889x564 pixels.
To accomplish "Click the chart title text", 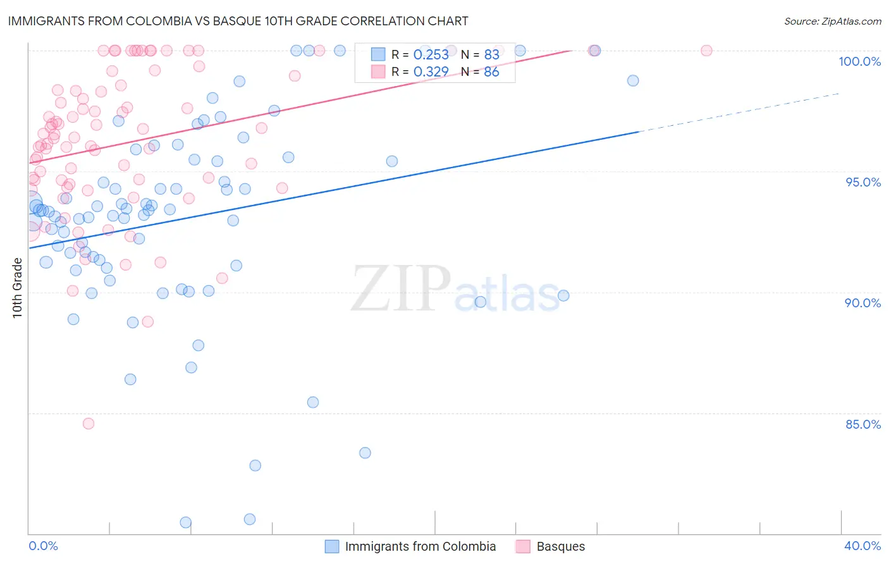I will point(238,21).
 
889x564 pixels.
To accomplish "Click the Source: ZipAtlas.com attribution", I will point(832,21).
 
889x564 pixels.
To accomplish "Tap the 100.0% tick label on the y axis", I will point(859,61).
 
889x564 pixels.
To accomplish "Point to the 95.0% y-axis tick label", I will point(863,182).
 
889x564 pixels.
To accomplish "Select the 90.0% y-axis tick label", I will point(862,303).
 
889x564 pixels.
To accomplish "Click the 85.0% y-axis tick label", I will point(862,424).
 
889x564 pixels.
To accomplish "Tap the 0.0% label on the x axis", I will point(43,546).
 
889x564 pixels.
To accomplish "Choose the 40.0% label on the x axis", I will point(862,546).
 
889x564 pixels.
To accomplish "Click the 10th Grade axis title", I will point(18,288).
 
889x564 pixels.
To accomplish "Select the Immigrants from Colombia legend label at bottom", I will point(420,546).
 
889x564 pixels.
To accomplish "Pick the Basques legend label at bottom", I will point(560,546).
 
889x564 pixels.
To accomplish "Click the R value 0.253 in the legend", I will point(431,55).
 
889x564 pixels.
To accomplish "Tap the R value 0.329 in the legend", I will point(431,72).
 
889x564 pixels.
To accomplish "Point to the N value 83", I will point(491,55).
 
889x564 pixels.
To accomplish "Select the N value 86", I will point(491,72).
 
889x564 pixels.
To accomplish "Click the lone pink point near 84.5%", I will point(89,424).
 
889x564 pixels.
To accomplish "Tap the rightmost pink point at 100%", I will point(706,51).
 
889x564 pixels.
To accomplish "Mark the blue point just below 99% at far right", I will point(633,80).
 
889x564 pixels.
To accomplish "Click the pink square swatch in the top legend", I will point(378,71).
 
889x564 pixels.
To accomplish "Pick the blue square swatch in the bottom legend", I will point(331,546).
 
